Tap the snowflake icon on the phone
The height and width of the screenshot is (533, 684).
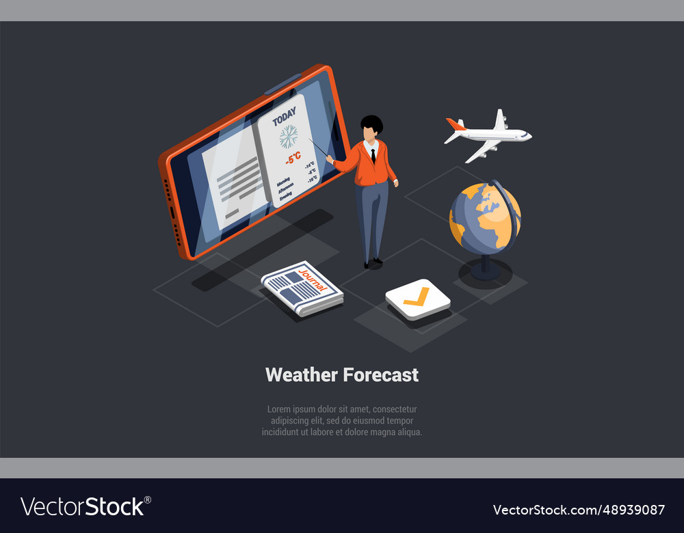[289, 136]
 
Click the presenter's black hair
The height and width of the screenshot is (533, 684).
[371, 124]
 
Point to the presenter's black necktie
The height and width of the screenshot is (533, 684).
[373, 155]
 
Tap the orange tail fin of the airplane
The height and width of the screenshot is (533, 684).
[455, 124]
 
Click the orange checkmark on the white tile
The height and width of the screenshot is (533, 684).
[417, 297]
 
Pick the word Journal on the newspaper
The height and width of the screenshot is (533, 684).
[313, 279]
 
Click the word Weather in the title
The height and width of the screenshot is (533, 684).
[301, 374]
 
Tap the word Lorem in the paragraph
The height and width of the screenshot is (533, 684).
[278, 409]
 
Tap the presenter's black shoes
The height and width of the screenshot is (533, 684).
[373, 262]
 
